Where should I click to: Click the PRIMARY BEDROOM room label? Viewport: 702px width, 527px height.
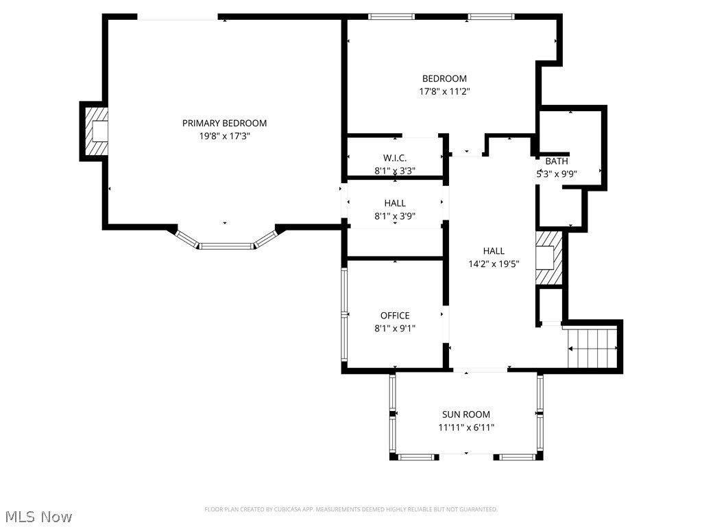[x=224, y=124]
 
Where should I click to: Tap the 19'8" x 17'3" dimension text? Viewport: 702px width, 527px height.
[x=224, y=137]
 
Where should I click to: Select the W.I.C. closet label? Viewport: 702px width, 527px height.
[x=395, y=158]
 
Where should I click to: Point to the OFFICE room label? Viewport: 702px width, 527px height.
[x=395, y=316]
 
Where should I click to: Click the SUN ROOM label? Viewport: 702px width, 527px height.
[x=466, y=414]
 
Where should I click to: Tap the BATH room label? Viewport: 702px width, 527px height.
[x=556, y=161]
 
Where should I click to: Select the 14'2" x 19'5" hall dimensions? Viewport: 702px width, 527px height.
[x=494, y=264]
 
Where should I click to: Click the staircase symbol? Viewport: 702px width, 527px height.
[x=594, y=349]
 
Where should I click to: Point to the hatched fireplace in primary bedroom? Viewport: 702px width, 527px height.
[x=96, y=130]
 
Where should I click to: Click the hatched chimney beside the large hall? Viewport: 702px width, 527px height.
[x=549, y=257]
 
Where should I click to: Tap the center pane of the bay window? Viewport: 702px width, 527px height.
[x=227, y=245]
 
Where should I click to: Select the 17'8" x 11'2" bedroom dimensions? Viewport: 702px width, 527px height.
[x=444, y=91]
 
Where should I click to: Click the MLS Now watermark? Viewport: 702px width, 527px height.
[x=38, y=516]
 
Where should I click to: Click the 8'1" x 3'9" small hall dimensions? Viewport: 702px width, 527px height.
[x=395, y=215]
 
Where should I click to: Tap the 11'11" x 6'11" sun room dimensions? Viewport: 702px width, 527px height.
[x=466, y=428]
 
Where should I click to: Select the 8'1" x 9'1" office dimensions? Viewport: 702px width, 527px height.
[x=395, y=328]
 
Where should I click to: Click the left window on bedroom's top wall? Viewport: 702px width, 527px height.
[x=391, y=16]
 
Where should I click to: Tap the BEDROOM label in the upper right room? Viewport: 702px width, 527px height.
[x=444, y=79]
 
